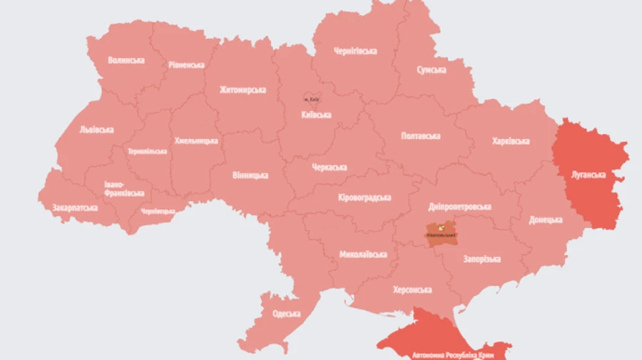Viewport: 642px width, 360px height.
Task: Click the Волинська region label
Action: point(126,61)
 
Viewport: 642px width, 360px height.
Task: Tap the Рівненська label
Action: point(186,65)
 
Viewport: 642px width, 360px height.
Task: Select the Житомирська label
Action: point(243,90)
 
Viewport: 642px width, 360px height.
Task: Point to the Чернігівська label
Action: point(355,51)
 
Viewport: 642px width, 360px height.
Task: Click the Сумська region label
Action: point(432,70)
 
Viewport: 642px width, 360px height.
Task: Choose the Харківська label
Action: point(511,141)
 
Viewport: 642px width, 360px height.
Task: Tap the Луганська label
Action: point(588,175)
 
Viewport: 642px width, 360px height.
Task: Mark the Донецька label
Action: point(546,220)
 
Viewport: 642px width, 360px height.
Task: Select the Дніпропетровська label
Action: point(460,207)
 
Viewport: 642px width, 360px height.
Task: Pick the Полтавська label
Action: point(421,136)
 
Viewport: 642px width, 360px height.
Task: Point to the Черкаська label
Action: point(330,168)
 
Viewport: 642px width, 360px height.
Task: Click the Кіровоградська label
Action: point(364,197)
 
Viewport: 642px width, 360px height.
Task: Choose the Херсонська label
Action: point(412,290)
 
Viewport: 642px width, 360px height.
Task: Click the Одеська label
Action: point(286,314)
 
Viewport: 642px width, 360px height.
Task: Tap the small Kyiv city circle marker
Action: point(310,98)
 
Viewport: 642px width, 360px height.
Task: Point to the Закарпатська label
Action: point(75,208)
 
